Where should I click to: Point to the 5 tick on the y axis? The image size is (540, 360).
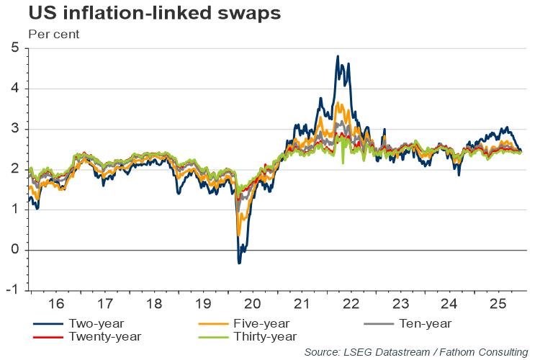[x=14, y=48]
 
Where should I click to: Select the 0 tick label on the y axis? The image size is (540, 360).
[x=14, y=251]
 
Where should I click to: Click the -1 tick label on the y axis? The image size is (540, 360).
[x=12, y=291]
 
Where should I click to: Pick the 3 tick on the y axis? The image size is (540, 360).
[x=14, y=130]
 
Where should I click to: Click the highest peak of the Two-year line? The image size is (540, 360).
[x=338, y=56]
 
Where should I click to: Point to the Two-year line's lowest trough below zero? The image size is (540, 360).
[x=239, y=263]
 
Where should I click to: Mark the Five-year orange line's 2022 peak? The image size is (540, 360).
[x=339, y=104]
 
